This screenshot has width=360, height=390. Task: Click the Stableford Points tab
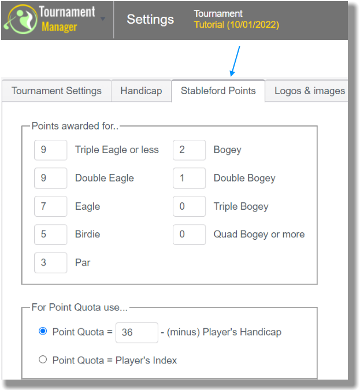coord(218,91)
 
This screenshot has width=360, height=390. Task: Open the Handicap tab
coord(141,91)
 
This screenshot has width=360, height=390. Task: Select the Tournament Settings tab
coord(57,91)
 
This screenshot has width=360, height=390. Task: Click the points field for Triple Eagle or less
coord(50,150)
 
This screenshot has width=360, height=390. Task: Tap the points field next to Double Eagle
coord(50,178)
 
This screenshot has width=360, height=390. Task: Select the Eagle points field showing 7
coord(50,206)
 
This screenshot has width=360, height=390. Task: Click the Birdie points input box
coord(50,235)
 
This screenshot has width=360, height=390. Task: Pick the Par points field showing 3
coord(50,263)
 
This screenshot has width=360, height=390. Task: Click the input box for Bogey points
coord(189,150)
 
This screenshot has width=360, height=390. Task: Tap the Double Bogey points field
coord(189,178)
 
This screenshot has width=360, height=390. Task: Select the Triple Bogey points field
coord(189,206)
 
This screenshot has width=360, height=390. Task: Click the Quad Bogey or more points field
coord(189,235)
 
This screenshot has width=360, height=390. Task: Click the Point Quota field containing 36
coord(136,333)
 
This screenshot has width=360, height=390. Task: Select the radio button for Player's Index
coord(43,359)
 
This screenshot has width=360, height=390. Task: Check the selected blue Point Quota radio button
coord(43,331)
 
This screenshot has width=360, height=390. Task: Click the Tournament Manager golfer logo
coord(21,20)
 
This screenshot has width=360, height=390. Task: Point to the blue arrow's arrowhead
coord(232,73)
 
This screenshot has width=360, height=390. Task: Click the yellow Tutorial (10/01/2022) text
coord(236,25)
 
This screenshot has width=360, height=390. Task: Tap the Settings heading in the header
coord(150,20)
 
